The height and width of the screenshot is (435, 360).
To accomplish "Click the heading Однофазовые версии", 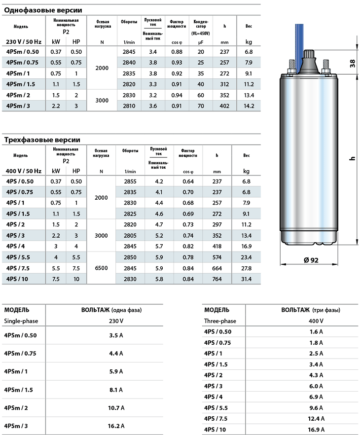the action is click(x=43, y=10).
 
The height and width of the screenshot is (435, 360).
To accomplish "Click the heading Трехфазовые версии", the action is click(x=42, y=140).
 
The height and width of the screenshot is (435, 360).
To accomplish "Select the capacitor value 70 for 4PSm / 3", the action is click(x=201, y=106).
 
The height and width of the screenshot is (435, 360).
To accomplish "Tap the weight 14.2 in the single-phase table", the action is click(x=249, y=106).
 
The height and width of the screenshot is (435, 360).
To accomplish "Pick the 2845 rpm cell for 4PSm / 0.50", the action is click(x=129, y=52).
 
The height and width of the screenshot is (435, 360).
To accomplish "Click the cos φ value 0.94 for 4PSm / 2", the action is click(x=177, y=95).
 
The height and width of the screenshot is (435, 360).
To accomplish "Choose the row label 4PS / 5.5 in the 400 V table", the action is click(x=20, y=257).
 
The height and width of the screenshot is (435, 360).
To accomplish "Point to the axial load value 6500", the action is click(x=101, y=268).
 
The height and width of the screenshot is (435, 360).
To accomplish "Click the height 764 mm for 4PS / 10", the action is click(x=217, y=279).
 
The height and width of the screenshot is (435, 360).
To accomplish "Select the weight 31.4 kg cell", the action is click(x=246, y=279).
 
